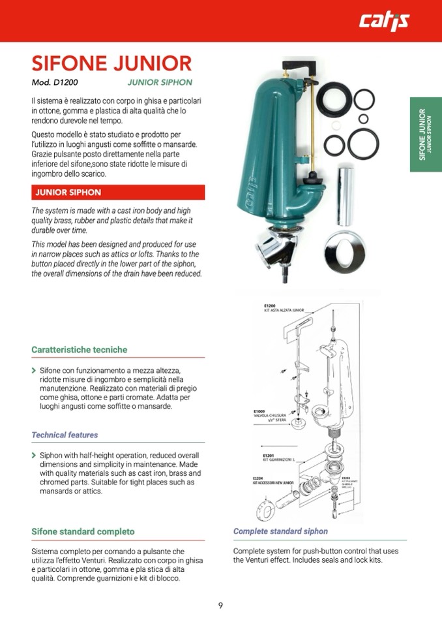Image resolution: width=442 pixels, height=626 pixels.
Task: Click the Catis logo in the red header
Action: tap(384, 22)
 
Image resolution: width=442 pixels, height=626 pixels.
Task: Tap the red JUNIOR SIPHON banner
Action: tap(118, 193)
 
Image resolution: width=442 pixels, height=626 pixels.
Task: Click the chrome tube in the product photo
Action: tap(345, 196)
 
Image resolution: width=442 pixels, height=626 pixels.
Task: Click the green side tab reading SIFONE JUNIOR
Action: tap(426, 135)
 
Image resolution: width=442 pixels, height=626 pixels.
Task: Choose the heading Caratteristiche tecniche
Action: tap(80, 350)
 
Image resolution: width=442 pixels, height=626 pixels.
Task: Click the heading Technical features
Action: tap(65, 435)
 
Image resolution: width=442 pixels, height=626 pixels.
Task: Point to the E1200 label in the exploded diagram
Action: tap(270, 305)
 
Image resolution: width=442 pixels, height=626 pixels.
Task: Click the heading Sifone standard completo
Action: tap(83, 532)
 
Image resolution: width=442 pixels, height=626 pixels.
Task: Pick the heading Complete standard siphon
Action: tap(280, 532)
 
